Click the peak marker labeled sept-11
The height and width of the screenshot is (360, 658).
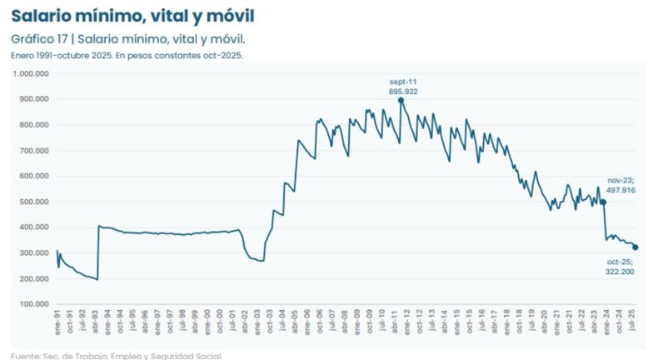[401, 100]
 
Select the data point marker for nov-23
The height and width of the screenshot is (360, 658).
[603, 202]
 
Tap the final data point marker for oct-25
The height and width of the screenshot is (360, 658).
[636, 247]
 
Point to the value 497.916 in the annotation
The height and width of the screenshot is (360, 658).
[621, 190]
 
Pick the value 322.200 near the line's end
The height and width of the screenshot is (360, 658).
[621, 272]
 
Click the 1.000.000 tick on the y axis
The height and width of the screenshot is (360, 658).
[30, 73]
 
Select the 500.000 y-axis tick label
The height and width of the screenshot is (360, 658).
[33, 202]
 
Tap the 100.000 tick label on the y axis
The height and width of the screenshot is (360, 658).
[33, 304]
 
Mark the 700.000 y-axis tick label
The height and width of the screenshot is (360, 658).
[33, 151]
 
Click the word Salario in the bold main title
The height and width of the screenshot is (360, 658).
[42, 16]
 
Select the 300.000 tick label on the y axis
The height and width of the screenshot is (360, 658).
[33, 253]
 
